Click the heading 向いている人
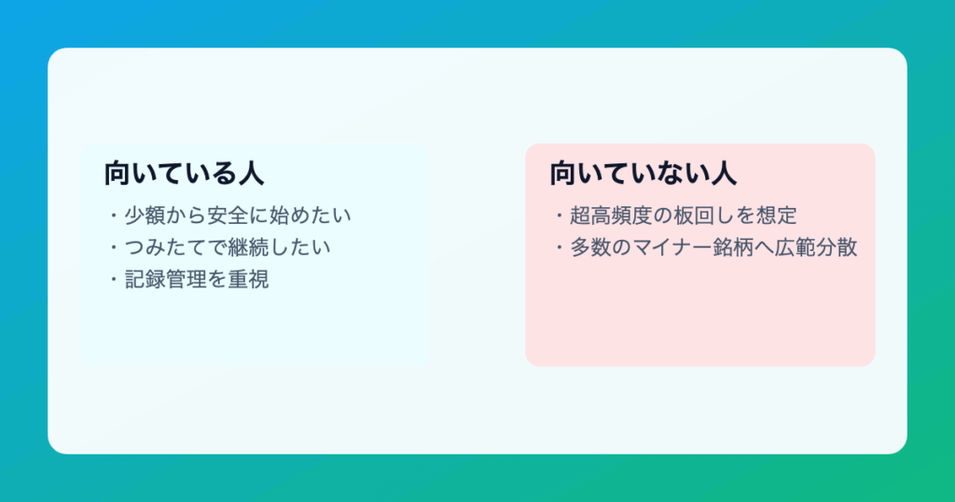point(184,173)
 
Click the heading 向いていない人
point(644,173)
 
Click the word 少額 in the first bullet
point(145,215)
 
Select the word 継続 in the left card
point(248,247)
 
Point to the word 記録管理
point(166,279)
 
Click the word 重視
point(248,279)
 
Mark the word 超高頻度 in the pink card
point(612,215)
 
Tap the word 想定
point(777,215)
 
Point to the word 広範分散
point(817,247)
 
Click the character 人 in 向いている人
point(251,173)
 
